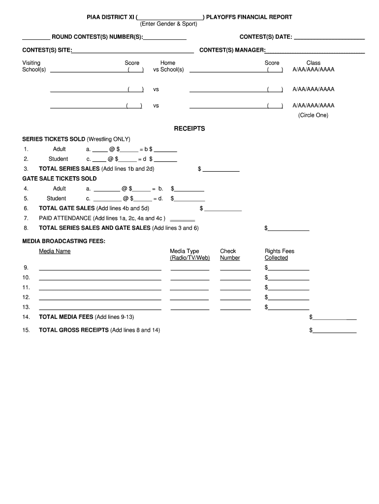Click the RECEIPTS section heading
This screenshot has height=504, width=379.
pyautogui.click(x=189, y=128)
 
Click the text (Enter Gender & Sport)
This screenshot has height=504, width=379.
pyautogui.click(x=168, y=24)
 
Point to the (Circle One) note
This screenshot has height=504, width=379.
pyautogui.click(x=313, y=115)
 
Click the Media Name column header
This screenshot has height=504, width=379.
pyautogui.click(x=55, y=251)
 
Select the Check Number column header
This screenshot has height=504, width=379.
pyautogui.click(x=230, y=254)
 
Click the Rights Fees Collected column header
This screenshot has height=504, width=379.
pyautogui.click(x=279, y=254)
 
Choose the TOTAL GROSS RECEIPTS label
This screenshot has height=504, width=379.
pyautogui.click(x=74, y=330)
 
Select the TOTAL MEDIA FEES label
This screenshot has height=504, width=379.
pyautogui.click(x=66, y=316)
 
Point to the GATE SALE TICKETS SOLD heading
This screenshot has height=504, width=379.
pyautogui.click(x=60, y=179)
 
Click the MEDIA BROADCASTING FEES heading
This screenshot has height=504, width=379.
pyautogui.click(x=64, y=241)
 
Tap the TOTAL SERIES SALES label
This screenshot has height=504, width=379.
pyautogui.click(x=69, y=169)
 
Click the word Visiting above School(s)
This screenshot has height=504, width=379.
pyautogui.click(x=32, y=63)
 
